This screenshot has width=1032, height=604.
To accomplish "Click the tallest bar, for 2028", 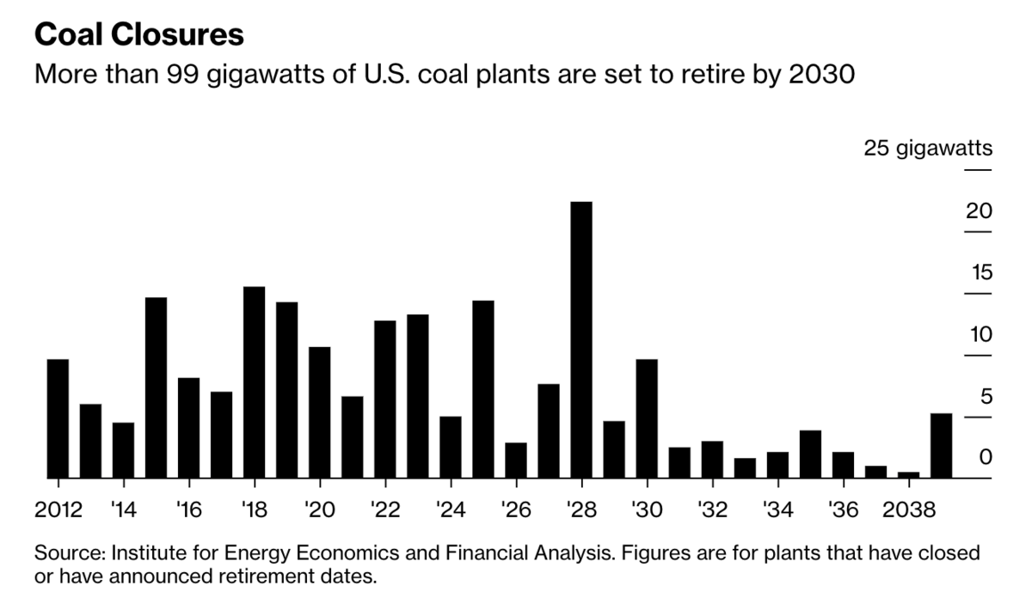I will [x=581, y=339].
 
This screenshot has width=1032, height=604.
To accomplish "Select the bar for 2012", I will [x=58, y=418].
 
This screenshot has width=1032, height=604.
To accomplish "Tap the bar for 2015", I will [x=156, y=387].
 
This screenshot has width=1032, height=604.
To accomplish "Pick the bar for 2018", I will [x=254, y=381].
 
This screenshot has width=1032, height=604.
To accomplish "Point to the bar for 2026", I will [x=516, y=460].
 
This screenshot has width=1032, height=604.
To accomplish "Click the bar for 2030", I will [x=647, y=418].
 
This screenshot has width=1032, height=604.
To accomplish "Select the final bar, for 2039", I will [x=941, y=445].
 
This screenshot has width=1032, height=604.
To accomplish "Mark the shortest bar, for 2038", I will [x=908, y=474].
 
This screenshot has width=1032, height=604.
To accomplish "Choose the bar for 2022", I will [x=385, y=399].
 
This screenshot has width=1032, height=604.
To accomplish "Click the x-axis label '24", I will [x=450, y=509].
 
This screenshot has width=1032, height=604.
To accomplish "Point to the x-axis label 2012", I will [x=58, y=509].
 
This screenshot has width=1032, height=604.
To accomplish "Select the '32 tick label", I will [x=711, y=509].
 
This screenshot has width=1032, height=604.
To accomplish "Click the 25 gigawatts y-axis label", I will [x=928, y=149].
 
